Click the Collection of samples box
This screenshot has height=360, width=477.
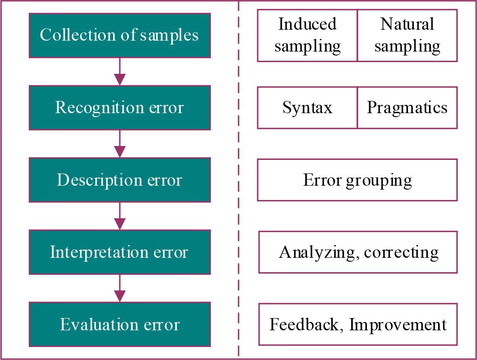tap(119, 35)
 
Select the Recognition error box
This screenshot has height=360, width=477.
tap(119, 107)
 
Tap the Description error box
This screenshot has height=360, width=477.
tap(119, 180)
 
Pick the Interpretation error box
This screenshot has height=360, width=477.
tap(119, 252)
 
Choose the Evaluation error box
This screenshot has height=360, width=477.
tap(119, 325)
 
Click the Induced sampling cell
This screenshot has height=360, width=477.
tap(308, 35)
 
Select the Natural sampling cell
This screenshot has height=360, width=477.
tap(407, 35)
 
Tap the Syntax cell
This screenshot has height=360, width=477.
tap(308, 107)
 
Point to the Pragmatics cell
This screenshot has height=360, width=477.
tap(407, 107)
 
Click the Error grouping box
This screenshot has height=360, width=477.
tap(357, 180)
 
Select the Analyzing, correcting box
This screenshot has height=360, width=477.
tap(358, 252)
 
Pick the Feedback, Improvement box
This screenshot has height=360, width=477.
tap(358, 325)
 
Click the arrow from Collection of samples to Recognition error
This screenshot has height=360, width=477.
tap(119, 72)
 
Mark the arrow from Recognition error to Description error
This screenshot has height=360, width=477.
tap(119, 144)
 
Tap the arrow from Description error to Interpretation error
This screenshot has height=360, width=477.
tap(119, 216)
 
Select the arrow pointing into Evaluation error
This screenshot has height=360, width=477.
tap(119, 288)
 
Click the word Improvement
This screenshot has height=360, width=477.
tap(398, 325)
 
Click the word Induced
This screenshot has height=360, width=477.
tap(308, 24)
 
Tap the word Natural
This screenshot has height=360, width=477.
tap(407, 24)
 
